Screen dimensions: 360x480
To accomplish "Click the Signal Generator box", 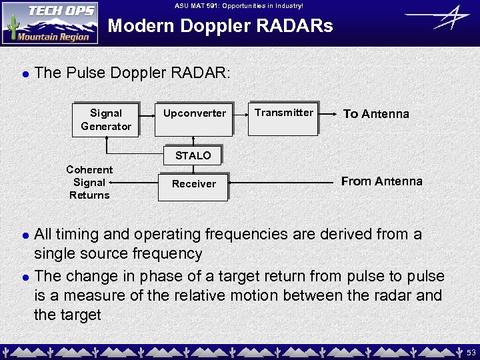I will point(105,120).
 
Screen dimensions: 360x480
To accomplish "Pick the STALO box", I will point(193,156).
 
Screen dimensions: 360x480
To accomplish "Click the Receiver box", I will point(193,185).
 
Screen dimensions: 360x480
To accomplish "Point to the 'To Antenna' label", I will point(376,114).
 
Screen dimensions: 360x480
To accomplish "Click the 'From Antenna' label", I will point(381,181).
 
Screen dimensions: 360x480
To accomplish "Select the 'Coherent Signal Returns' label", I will point(89,183).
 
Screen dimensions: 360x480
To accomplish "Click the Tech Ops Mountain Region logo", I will point(50,23).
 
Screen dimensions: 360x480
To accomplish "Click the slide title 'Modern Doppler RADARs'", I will point(220,27).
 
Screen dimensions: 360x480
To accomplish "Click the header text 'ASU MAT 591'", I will point(239,5).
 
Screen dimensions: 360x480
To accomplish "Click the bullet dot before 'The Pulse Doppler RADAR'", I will point(25,73).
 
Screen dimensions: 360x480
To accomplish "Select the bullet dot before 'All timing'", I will point(25,235).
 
